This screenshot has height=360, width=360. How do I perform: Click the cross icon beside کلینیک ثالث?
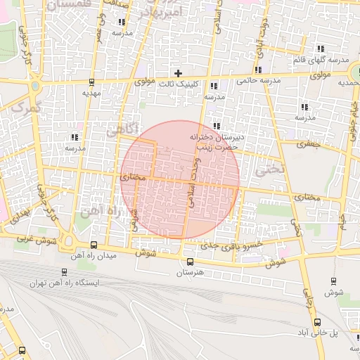point(179,73)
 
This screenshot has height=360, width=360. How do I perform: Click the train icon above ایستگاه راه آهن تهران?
point(65,272)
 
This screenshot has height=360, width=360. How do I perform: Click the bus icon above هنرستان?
point(190,261)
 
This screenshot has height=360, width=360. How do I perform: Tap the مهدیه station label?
point(92,93)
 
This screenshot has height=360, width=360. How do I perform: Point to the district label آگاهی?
point(120,130)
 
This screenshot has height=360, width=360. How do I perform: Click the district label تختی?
point(270,169)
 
